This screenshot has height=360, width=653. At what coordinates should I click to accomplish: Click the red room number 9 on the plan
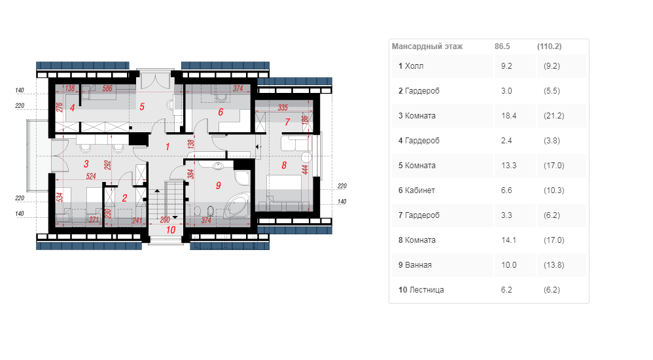click(x=219, y=185)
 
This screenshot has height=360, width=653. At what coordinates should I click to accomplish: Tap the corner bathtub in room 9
click(x=237, y=206)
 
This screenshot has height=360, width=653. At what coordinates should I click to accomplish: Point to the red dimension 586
click(x=107, y=88)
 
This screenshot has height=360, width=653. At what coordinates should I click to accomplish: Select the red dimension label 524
click(x=91, y=176)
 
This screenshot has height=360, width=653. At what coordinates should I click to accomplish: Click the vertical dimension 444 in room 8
click(x=305, y=170)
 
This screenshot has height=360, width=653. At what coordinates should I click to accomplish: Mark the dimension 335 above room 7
click(x=283, y=107)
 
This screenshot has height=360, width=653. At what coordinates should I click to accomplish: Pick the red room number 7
click(x=287, y=122)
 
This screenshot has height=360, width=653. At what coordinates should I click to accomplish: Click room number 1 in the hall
click(x=168, y=147)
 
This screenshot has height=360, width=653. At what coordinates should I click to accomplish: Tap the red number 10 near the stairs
click(x=171, y=230)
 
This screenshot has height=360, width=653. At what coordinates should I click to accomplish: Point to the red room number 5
click(x=141, y=107)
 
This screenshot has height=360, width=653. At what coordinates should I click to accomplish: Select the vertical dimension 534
click(x=60, y=197)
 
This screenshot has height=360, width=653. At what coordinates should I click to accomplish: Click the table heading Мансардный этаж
click(x=427, y=46)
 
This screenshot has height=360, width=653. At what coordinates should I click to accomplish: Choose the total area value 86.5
click(x=503, y=46)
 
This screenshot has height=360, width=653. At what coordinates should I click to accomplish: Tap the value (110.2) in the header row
click(x=550, y=46)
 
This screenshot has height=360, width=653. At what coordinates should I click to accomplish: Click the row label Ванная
click(x=418, y=265)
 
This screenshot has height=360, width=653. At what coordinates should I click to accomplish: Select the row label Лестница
click(x=427, y=290)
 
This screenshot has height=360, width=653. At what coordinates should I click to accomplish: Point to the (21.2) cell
click(x=554, y=116)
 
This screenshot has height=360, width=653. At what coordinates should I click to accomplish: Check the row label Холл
click(x=414, y=66)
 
